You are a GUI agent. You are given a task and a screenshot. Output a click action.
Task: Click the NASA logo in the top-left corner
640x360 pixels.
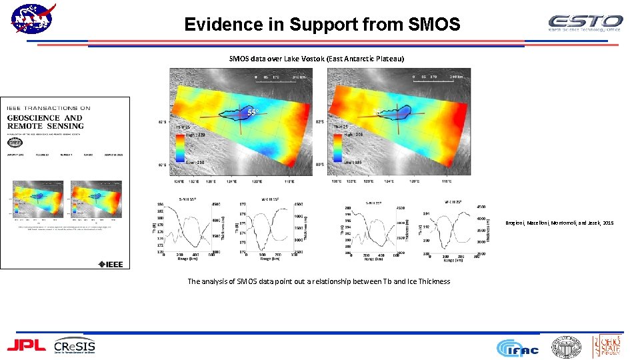[33, 20]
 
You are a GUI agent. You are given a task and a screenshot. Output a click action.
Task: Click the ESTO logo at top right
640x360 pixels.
[585, 23]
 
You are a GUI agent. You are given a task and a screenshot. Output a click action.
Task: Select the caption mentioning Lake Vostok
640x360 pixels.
[317, 59]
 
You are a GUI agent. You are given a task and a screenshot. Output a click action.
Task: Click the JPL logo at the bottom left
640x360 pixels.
[26, 345]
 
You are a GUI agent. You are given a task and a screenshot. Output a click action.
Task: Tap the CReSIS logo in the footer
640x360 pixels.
[75, 345]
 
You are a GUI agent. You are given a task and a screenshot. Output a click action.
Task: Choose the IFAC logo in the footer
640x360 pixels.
[519, 347]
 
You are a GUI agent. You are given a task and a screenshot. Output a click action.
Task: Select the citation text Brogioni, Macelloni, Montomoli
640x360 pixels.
[559, 223]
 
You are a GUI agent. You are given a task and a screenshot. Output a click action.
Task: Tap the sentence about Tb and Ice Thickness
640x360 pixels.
[319, 281]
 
